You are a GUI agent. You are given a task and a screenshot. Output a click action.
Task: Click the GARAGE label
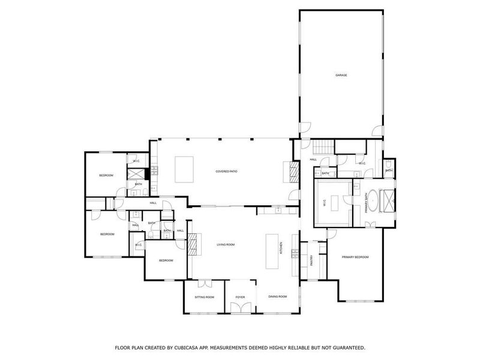point(341,75)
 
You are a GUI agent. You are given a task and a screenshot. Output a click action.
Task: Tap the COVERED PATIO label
point(227,172)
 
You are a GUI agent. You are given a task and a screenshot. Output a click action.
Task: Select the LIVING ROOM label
point(225,244)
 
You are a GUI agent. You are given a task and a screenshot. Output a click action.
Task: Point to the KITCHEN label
point(280,247)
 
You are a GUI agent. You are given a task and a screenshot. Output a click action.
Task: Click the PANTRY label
point(311,260)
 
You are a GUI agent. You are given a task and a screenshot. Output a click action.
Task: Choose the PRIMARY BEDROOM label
point(355,257)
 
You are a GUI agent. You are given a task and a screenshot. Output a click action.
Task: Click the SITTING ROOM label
point(204,296)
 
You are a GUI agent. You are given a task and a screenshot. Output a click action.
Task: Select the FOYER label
point(240,296)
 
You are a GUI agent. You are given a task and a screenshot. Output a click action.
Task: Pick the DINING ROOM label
point(277,296)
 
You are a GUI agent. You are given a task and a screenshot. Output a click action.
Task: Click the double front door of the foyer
point(240,308)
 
